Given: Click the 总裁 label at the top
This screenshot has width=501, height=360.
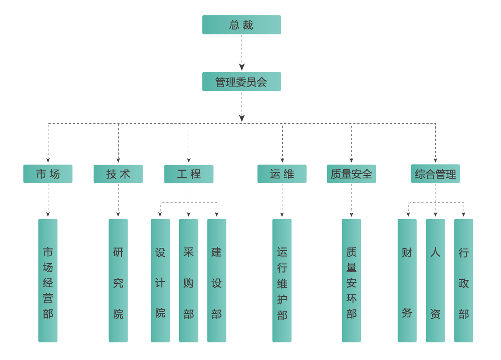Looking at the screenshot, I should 241,25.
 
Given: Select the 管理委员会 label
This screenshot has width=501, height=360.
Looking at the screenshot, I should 241,82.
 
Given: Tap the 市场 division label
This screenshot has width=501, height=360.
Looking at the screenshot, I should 48,174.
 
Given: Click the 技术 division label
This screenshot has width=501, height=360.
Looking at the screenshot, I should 118,174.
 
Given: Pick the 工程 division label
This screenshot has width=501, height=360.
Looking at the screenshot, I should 189,174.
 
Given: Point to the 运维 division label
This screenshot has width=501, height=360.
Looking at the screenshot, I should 282,174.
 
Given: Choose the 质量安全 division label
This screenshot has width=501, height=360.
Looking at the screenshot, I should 351,174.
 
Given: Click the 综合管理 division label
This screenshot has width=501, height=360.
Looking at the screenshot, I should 435,174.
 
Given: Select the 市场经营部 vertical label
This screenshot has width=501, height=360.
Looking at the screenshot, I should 48,283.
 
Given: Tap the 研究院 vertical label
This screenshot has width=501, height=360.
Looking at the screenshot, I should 118,283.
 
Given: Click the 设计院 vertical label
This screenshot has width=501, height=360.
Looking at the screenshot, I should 160,283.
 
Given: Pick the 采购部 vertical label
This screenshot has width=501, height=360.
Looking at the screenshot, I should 189,283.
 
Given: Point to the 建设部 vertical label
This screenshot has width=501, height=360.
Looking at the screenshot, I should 216,283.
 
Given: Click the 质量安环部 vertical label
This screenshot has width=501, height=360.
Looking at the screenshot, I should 351,283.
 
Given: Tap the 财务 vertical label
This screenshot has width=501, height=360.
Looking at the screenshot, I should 407,283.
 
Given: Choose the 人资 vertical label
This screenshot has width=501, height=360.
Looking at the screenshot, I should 435,283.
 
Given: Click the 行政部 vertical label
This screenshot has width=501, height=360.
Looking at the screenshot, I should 464,283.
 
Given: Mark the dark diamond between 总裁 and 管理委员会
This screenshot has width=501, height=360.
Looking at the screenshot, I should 242,53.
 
